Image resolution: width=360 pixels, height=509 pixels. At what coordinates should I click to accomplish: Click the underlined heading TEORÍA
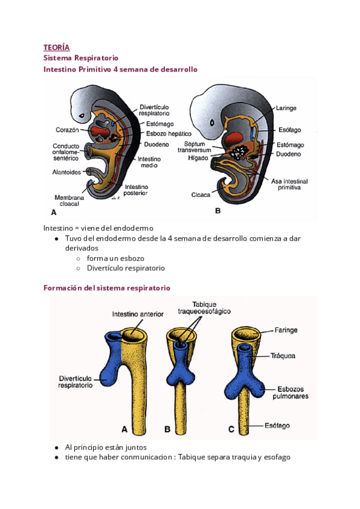click(x=56, y=47)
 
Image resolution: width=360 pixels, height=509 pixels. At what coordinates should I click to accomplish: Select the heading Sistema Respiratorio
click(x=81, y=58)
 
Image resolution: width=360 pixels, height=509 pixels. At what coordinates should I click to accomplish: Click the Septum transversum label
click(x=198, y=148)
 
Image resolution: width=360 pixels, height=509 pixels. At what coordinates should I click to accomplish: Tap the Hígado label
click(x=197, y=158)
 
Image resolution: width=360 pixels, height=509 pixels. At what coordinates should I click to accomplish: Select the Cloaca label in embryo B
click(x=200, y=194)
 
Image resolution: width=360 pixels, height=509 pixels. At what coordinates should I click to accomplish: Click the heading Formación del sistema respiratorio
click(x=107, y=288)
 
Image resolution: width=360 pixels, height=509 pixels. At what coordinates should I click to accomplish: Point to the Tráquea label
click(x=282, y=356)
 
